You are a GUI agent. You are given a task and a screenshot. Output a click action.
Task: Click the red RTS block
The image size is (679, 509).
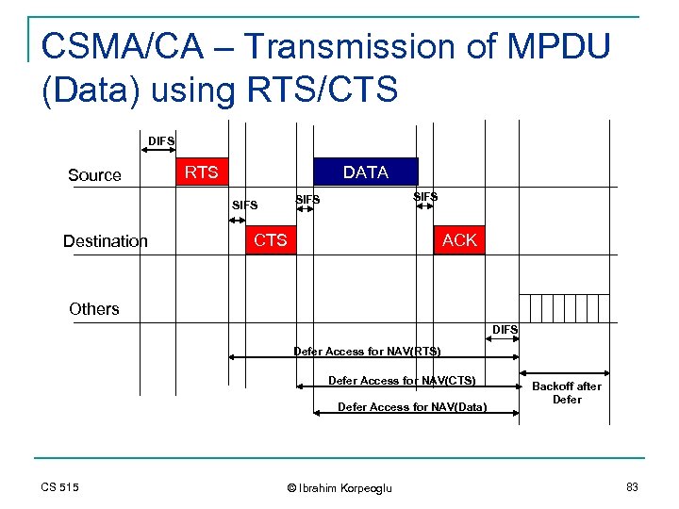point(201,172)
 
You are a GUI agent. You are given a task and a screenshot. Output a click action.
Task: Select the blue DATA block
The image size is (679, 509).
point(365,172)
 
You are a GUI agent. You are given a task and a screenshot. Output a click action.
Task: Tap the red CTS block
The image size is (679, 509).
point(270,240)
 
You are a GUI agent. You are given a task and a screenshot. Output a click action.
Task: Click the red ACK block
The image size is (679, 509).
point(459,240)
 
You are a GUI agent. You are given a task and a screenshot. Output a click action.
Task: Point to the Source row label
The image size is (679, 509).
point(94,175)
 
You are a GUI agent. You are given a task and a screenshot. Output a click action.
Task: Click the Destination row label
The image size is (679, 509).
point(106,241)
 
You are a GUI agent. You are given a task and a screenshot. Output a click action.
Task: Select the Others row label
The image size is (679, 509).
point(94,309)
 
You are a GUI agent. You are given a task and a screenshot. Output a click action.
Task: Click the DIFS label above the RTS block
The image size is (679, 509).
point(161,141)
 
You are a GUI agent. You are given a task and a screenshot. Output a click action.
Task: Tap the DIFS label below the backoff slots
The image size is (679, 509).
point(505,329)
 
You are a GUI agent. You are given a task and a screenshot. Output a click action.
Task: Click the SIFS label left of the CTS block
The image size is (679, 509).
point(244,205)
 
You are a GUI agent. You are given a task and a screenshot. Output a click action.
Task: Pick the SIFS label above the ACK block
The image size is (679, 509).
point(425,197)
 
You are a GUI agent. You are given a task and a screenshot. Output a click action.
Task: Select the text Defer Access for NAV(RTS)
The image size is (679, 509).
point(367,352)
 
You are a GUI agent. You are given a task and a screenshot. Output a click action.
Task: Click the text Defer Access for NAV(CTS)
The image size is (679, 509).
point(402,381)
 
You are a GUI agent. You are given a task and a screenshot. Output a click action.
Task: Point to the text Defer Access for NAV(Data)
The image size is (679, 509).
point(412,407)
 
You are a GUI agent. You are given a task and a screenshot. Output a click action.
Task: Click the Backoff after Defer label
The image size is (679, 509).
point(567,393)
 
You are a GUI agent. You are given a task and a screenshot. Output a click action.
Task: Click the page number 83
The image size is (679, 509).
point(631,486)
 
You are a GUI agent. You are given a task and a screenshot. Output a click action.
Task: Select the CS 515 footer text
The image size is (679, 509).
point(59,486)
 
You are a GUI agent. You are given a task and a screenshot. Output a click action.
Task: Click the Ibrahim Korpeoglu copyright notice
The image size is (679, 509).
point(339,487)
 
